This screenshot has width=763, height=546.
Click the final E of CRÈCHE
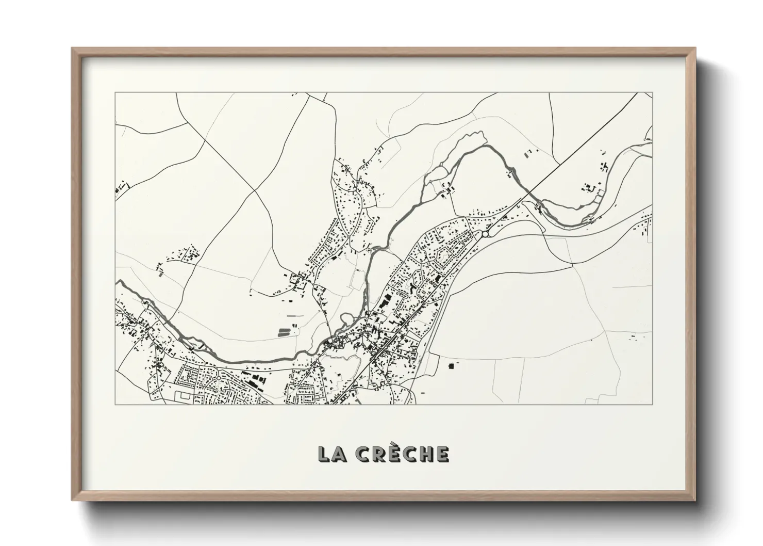(442, 454)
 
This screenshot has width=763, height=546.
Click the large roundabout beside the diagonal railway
(485, 234)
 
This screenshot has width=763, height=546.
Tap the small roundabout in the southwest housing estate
(219, 378)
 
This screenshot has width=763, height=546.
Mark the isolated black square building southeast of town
(452, 365)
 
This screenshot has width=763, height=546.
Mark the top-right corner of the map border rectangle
(653, 93)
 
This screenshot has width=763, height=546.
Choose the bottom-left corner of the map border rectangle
(115, 404)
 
